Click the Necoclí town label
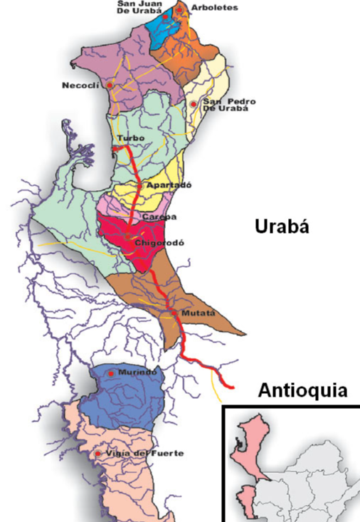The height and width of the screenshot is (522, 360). pyautogui.click(x=83, y=85)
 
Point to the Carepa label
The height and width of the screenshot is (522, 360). pyautogui.click(x=158, y=216)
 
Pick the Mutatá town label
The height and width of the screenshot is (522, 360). pyautogui.click(x=197, y=312)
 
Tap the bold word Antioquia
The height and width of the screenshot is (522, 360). pyautogui.click(x=302, y=391)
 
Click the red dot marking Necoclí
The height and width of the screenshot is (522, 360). pyautogui.click(x=110, y=85)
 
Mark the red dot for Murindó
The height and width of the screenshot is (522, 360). pyautogui.click(x=111, y=372)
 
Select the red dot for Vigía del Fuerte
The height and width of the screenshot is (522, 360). pyautogui.click(x=97, y=454)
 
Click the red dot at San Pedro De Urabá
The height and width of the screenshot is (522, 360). pyautogui.click(x=193, y=104)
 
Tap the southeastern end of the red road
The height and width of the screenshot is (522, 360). pyautogui.click(x=232, y=387)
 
